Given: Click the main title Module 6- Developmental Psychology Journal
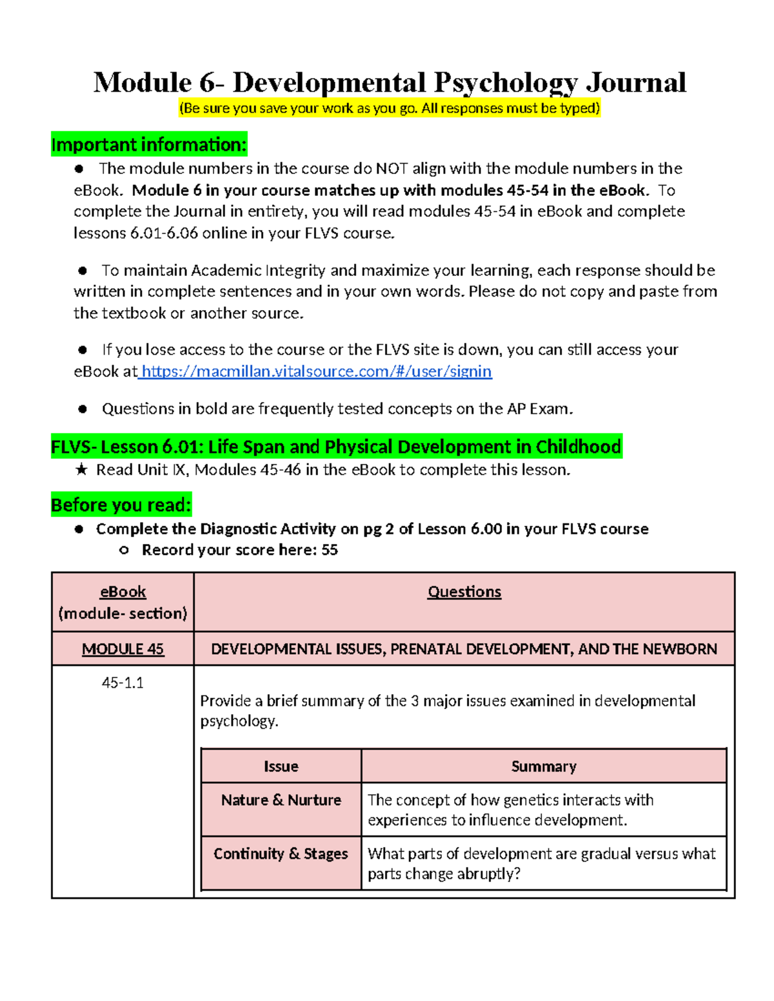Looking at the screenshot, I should [x=390, y=83].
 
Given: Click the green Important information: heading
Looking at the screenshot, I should [x=148, y=144].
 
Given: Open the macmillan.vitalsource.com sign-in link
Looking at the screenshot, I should [x=316, y=371].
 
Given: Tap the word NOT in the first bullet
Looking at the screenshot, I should [x=392, y=169].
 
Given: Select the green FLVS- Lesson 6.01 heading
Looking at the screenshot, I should [x=336, y=447].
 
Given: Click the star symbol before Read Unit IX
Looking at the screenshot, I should [x=81, y=470].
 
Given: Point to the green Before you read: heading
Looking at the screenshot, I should [x=121, y=505].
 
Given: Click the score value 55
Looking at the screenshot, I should [x=329, y=550].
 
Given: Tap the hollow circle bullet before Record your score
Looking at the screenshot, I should [x=124, y=550].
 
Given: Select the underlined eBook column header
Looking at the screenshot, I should [x=123, y=592].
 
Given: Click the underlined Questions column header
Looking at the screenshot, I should [x=464, y=592].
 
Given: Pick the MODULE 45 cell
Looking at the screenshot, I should [x=123, y=649].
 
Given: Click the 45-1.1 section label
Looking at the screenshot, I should [x=123, y=683].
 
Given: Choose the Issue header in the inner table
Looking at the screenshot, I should [x=281, y=766].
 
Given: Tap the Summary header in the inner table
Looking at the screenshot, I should [x=543, y=766].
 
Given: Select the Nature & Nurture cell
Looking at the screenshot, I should [x=281, y=800].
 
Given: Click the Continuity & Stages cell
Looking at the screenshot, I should [x=281, y=854].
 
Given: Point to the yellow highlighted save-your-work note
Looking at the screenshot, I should [x=390, y=108].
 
